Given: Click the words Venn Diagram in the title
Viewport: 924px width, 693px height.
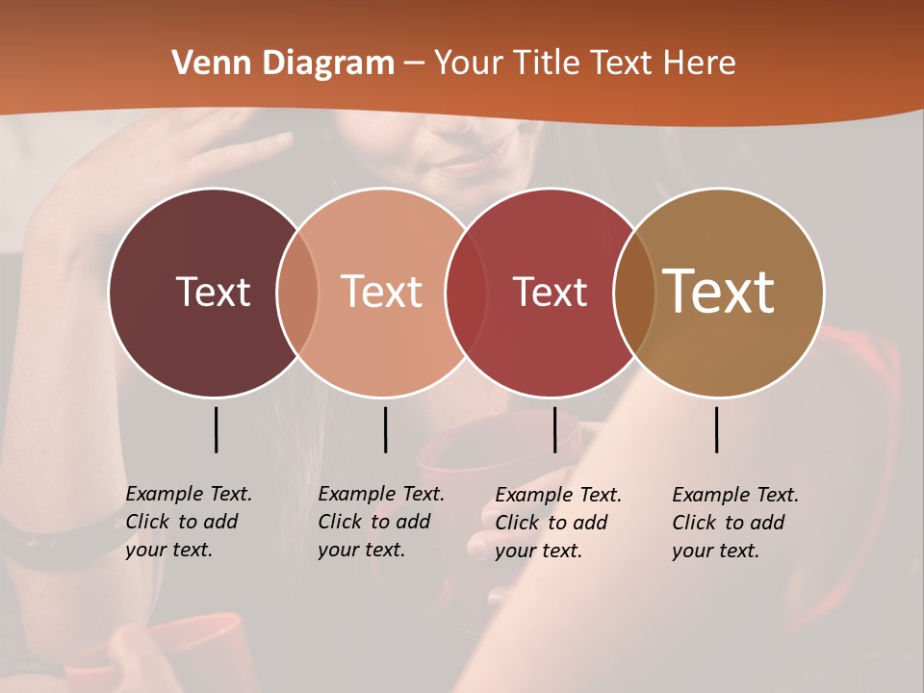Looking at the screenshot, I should [282, 64].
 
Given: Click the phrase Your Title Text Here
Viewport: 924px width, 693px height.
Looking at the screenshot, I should [584, 64].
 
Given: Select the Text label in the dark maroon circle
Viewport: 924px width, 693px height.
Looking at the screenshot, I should [213, 292].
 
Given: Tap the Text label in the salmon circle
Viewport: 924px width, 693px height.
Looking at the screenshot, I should [381, 292].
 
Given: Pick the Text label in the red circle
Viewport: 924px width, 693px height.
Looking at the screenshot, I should [550, 292].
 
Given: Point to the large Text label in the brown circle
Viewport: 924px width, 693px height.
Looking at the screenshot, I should [719, 292].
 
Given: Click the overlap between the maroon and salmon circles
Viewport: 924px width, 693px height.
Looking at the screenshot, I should [297, 293].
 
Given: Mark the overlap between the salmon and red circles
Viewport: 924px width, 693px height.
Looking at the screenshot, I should [467, 293].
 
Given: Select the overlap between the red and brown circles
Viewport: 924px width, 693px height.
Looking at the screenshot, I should [634, 293].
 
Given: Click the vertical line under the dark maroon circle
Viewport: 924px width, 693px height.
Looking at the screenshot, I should [216, 429].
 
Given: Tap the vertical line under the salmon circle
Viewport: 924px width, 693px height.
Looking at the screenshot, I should [385, 429].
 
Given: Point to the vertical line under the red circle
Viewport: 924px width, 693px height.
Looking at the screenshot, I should [554, 429].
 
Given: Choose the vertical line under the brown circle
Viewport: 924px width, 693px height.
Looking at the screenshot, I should [716, 429].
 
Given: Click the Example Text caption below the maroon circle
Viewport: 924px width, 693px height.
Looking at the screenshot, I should [189, 522].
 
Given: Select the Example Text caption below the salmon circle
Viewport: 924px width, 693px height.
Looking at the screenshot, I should [381, 522].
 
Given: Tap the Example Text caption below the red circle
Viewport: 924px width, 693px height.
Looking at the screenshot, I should [558, 523].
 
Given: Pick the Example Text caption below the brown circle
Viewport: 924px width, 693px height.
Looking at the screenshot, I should [735, 523].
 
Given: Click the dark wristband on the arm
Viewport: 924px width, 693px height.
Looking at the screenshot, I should [58, 549].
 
